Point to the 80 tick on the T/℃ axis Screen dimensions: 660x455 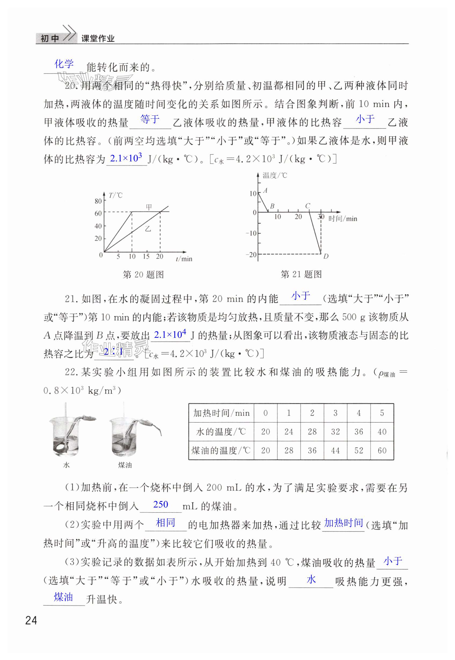[x=98, y=201]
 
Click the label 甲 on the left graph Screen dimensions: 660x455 [x=149, y=207]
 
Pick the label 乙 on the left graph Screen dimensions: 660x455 [x=148, y=229]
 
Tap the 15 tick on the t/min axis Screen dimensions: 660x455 [x=146, y=256]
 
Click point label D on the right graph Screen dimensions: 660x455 [x=326, y=256]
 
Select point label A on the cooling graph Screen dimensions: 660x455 [x=265, y=190]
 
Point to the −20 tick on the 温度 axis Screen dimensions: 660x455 [x=251, y=255]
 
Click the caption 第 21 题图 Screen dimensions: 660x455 [x=301, y=274]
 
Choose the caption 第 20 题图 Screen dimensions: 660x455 [x=143, y=275]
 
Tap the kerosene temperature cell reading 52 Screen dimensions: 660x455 [x=359, y=451]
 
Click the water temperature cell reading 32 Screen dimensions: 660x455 [x=335, y=432]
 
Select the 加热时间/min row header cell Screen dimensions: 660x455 [x=221, y=413]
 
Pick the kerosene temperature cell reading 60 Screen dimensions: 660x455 [x=382, y=451]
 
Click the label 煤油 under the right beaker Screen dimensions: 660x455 [x=125, y=465]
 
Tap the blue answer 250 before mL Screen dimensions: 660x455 [x=161, y=505]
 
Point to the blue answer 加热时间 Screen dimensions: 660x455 [x=344, y=523]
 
